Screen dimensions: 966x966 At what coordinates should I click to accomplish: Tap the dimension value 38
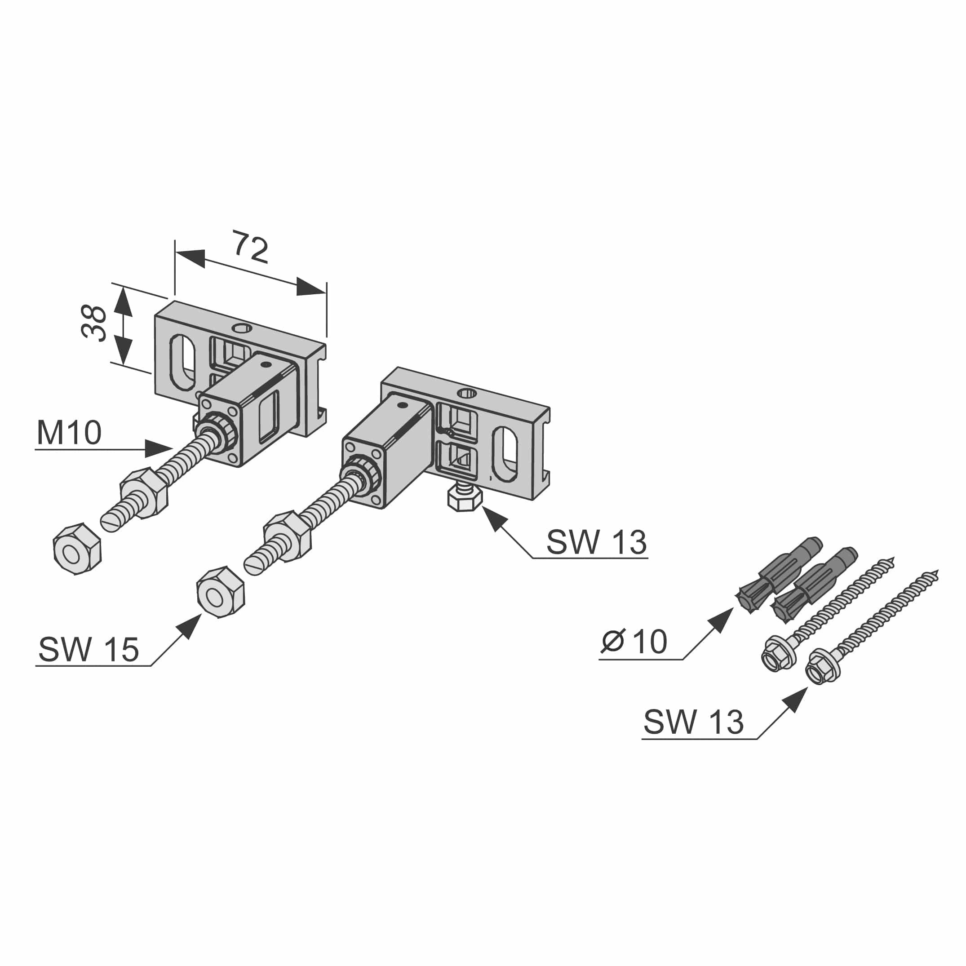tap(94, 323)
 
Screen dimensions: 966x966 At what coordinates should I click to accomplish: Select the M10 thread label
tap(69, 433)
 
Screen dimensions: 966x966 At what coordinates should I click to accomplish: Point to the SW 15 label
tap(89, 650)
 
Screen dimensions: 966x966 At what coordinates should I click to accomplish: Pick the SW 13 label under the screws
tap(694, 722)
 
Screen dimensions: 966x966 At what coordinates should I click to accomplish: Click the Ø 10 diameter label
tap(634, 642)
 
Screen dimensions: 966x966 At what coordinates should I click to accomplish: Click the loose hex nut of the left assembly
tap(77, 549)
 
